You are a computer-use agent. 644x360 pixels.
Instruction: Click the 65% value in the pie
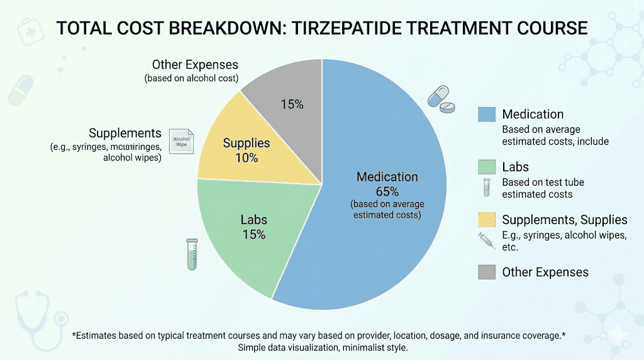pos(387,191)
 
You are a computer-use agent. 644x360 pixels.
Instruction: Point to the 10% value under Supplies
pos(247,157)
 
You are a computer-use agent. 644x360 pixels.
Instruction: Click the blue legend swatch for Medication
pos(487,114)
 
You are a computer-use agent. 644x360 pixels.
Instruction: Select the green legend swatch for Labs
pos(487,167)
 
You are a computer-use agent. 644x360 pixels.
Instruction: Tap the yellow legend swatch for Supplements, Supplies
pos(487,220)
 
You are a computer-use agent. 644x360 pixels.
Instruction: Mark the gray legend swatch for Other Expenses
pos(487,272)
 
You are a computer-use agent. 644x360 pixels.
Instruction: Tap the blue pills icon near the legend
pos(441,100)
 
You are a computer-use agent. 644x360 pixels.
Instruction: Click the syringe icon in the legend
pos(487,240)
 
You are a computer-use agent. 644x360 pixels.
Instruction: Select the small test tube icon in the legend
pos(486,187)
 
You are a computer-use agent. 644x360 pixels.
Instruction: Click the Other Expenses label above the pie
pos(195,65)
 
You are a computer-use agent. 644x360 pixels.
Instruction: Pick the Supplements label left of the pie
pos(125,133)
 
